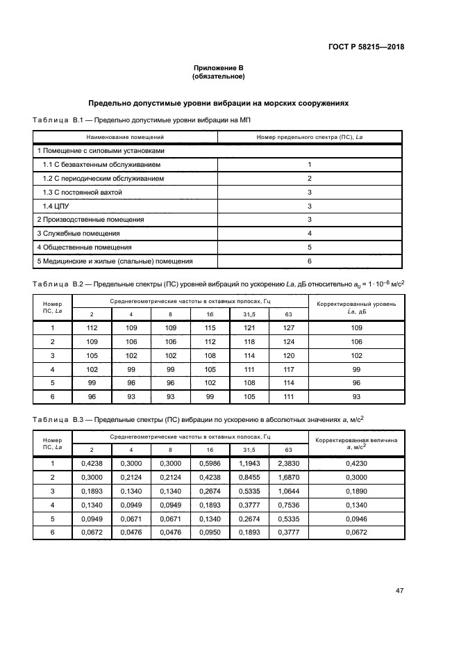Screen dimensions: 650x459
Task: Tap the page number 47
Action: (x=399, y=590)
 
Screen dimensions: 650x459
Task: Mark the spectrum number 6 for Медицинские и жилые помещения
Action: (x=309, y=261)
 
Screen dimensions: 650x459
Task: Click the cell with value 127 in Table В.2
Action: (x=289, y=327)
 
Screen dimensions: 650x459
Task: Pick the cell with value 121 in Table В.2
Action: (x=249, y=327)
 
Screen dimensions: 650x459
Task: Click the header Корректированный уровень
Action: (x=356, y=304)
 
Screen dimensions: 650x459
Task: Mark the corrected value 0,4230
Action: (x=356, y=464)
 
